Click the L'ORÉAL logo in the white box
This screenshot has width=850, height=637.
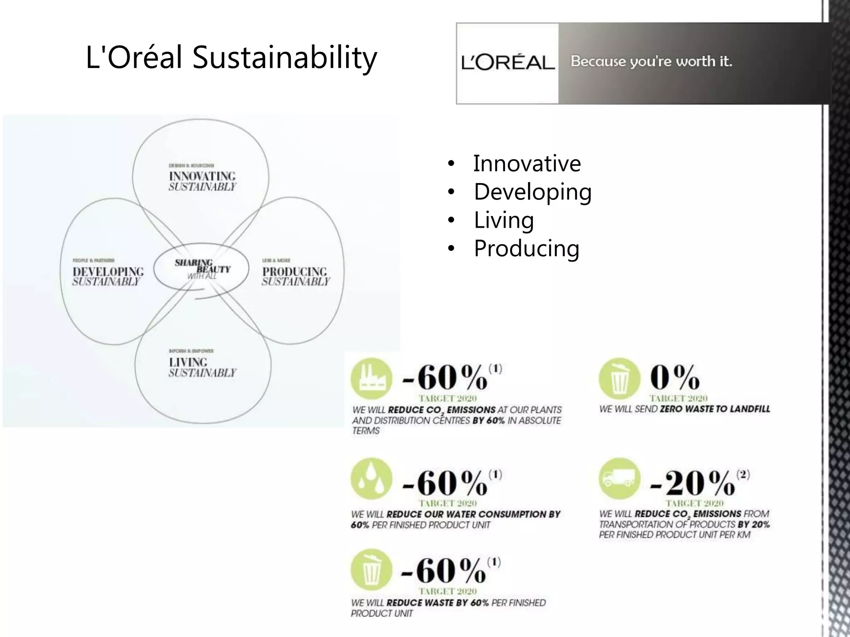click(x=508, y=63)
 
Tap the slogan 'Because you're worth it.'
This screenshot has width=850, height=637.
click(x=651, y=61)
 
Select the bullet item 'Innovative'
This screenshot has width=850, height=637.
click(x=527, y=163)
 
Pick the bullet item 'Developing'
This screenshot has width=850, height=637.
click(x=532, y=192)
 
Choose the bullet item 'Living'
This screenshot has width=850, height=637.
click(x=503, y=220)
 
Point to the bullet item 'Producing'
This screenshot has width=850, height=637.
click(x=526, y=248)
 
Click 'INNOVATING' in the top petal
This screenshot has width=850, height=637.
click(x=202, y=176)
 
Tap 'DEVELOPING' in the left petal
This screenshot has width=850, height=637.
click(x=108, y=272)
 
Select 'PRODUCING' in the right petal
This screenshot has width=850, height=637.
click(x=295, y=272)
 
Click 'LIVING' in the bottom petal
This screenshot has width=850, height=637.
click(x=188, y=362)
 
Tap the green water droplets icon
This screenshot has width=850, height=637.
click(x=371, y=479)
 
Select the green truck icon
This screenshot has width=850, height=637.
click(x=619, y=478)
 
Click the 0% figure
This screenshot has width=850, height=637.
click(x=674, y=377)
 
